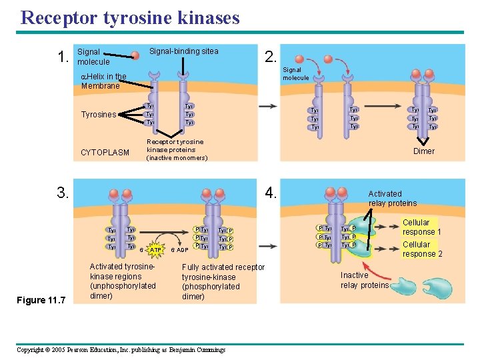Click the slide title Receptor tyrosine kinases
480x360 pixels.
pyautogui.click(x=130, y=17)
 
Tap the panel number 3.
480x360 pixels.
pyautogui.click(x=63, y=194)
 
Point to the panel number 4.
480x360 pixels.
pyautogui.click(x=270, y=194)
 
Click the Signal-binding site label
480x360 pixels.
pyautogui.click(x=183, y=51)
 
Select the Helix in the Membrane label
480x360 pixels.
pyautogui.click(x=103, y=81)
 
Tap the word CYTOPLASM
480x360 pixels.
pyautogui.click(x=105, y=153)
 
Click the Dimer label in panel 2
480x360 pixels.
pyautogui.click(x=423, y=151)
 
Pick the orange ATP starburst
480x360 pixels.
pyautogui.click(x=155, y=250)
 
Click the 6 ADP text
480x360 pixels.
pyautogui.click(x=179, y=250)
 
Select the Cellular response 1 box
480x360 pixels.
pyautogui.click(x=421, y=227)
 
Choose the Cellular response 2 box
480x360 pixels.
pyautogui.click(x=421, y=249)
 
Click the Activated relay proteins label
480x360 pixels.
pyautogui.click(x=392, y=199)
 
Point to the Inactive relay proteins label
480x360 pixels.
pyautogui.click(x=364, y=280)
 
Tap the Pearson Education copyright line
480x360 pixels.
pyautogui.click(x=120, y=350)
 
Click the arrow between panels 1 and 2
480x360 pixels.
pyautogui.click(x=269, y=106)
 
